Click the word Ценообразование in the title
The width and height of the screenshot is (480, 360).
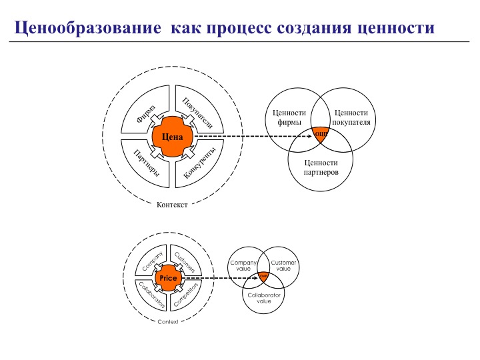tap(87, 29)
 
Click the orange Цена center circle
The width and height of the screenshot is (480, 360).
tap(172, 137)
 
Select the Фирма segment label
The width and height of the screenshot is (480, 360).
tap(146, 113)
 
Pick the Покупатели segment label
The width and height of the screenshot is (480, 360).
tap(197, 113)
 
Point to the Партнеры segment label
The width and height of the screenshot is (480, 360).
tap(146, 162)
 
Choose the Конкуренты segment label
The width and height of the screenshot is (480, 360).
tap(199, 162)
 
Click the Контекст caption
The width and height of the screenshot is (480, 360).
tap(172, 205)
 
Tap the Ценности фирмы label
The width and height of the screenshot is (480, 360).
tap(289, 117)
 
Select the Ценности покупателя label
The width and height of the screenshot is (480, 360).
tap(351, 117)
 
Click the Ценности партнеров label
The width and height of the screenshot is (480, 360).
tap(321, 167)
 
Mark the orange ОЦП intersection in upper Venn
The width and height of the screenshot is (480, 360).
tap(321, 134)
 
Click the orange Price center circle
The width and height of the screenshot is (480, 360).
tap(168, 277)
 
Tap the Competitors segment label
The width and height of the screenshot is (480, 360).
tap(186, 294)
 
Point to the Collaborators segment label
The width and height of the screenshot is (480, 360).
tap(151, 294)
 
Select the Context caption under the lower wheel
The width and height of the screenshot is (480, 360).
tap(168, 322)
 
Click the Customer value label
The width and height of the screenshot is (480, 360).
tap(283, 265)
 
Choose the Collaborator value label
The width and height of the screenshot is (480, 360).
tap(264, 297)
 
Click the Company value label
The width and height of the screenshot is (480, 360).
tap(243, 265)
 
